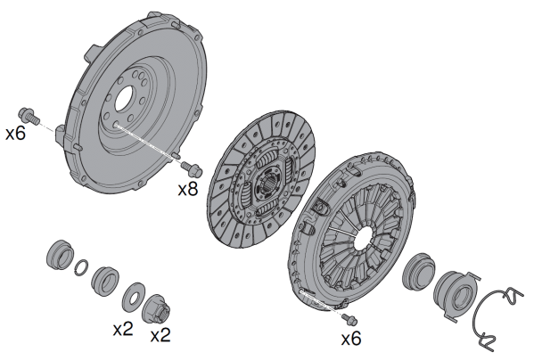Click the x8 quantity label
coord(187,189)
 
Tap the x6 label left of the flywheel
coord(16,133)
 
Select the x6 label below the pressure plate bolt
coord(351,339)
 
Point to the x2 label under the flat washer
coord(123,329)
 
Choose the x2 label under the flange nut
coord(160,335)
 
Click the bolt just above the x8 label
coord(192,168)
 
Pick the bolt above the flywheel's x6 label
coord(29,116)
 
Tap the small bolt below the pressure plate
coord(349,319)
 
